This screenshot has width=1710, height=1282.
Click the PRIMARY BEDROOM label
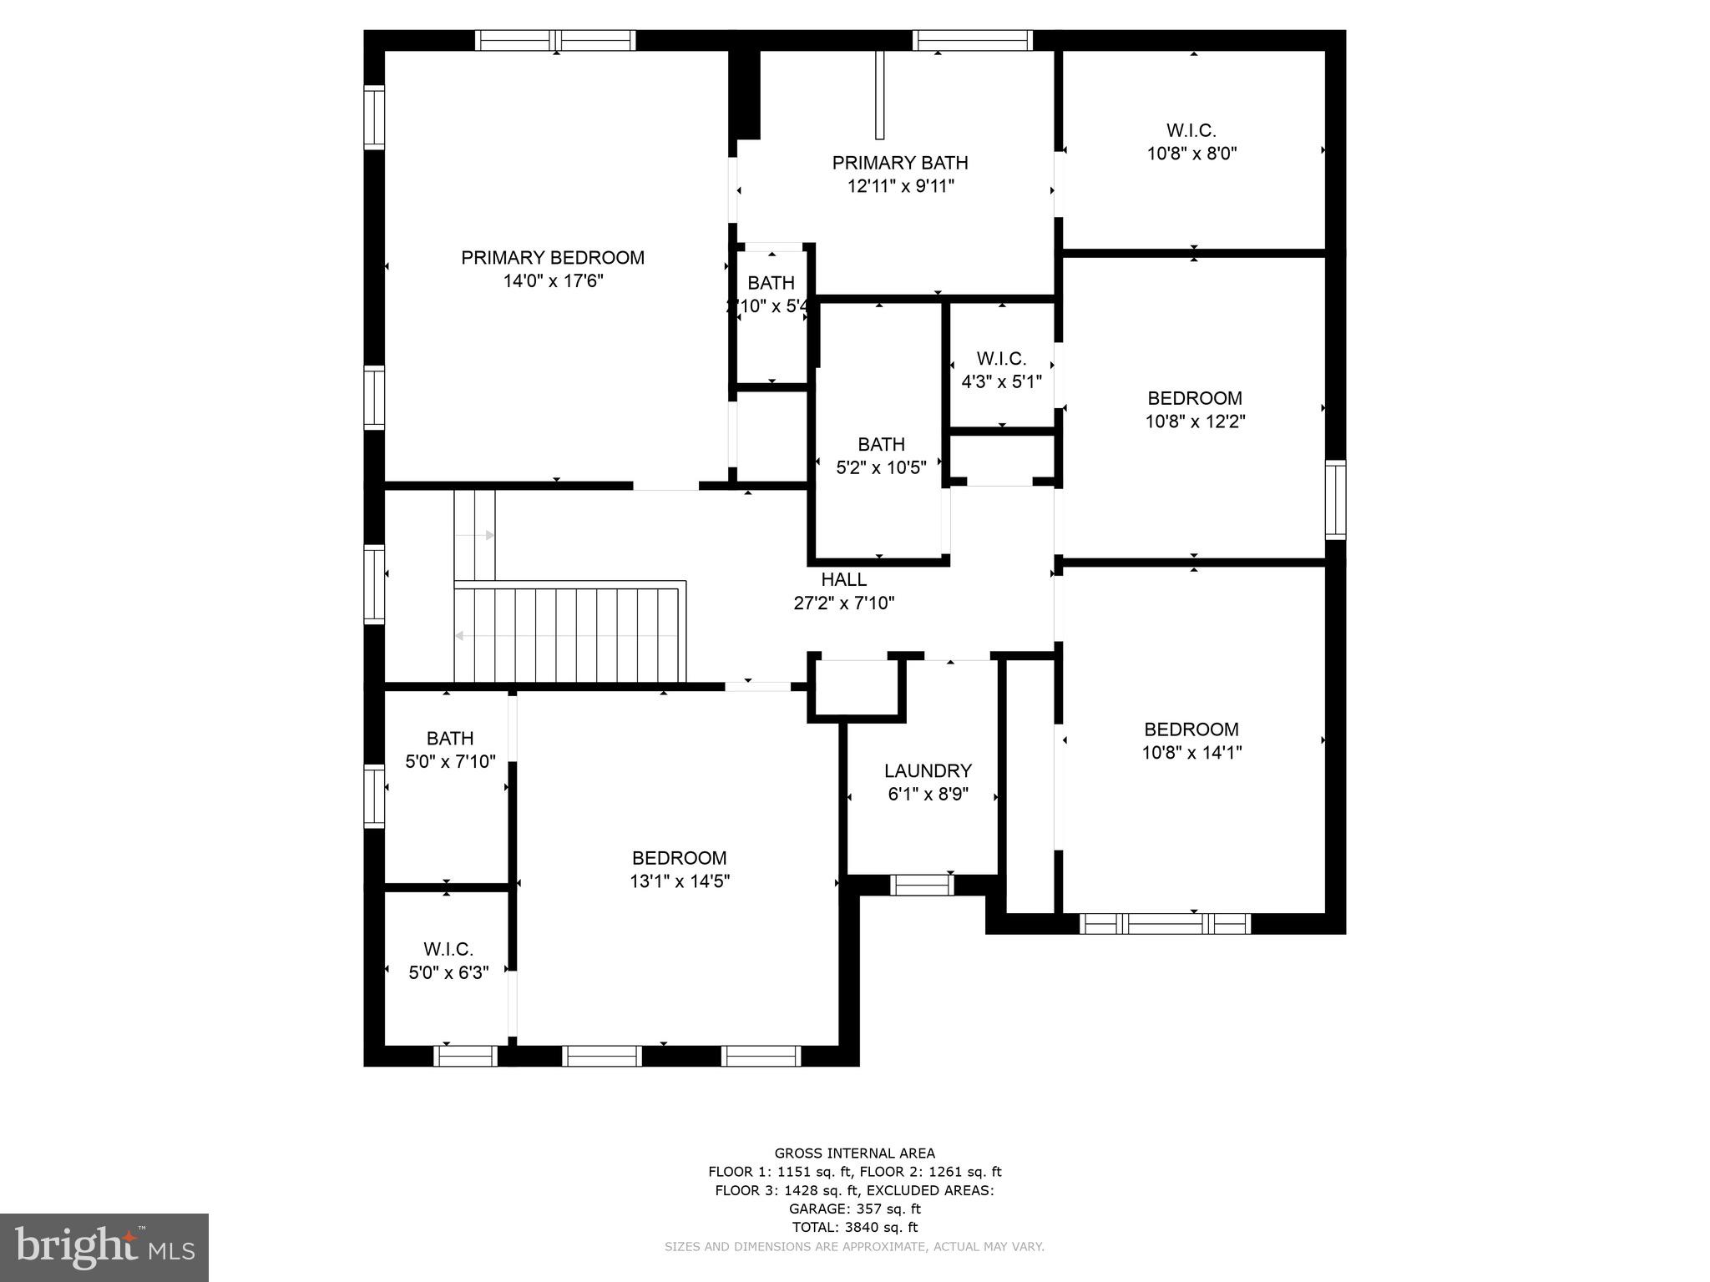553,258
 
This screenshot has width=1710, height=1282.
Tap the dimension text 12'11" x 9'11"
900,186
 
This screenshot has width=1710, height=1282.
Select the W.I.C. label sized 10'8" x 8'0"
1191,131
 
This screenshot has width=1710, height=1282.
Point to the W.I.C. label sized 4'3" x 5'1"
1001,359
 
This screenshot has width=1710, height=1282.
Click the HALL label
843,579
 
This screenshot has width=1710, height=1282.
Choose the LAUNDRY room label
928,771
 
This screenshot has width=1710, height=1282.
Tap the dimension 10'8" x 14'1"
1191,753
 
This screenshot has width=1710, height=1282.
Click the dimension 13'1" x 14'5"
680,881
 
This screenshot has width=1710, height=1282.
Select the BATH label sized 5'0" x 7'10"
450,739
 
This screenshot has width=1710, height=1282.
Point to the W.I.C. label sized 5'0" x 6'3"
448,950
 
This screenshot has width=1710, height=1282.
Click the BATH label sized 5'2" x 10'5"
881,444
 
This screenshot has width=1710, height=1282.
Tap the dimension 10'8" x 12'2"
1195,422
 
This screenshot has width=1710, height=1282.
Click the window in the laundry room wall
922,885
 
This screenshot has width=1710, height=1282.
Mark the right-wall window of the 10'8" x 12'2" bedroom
1335,499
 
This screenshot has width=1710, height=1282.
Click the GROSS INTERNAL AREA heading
854,1153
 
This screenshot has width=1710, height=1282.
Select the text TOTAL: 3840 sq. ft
854,1227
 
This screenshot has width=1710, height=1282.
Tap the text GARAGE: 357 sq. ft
854,1209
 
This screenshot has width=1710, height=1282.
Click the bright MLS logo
104,1247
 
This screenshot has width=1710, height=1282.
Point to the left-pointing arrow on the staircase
460,636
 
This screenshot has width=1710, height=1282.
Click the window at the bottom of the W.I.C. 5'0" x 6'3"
465,1056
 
